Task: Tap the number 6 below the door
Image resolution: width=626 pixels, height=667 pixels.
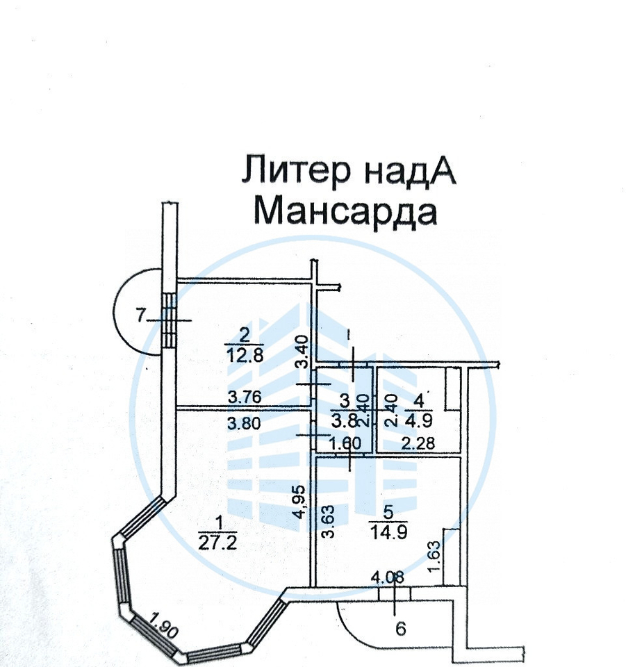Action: point(400,629)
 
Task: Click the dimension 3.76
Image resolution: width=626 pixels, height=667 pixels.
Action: point(245,397)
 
